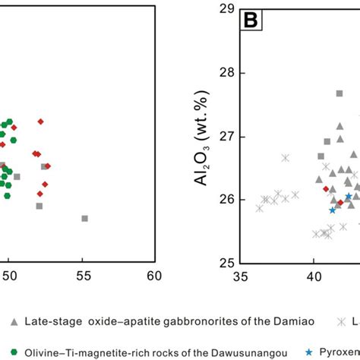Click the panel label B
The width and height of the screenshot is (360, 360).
click(x=250, y=21)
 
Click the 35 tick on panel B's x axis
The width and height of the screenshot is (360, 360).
click(x=241, y=279)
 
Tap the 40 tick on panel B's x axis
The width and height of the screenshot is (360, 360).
click(x=313, y=279)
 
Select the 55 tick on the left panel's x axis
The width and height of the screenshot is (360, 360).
click(x=82, y=279)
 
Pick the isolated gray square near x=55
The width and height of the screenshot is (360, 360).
click(x=84, y=219)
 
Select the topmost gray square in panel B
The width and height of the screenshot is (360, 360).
click(x=339, y=93)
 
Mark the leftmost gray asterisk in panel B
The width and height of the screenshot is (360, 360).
click(x=260, y=207)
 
